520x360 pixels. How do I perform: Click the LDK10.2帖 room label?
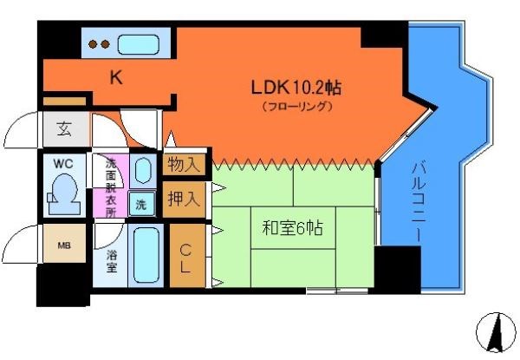(295, 88)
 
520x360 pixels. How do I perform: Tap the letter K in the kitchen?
(116, 78)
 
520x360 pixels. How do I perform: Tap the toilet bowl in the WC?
(63, 193)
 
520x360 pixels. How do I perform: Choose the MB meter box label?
(64, 246)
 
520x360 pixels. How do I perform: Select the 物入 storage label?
(184, 164)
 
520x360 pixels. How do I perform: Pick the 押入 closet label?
(184, 198)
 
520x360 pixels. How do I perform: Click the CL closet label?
(185, 258)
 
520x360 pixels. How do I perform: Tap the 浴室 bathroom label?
(112, 261)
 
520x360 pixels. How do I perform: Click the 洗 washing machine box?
(141, 205)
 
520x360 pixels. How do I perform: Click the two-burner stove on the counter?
(99, 43)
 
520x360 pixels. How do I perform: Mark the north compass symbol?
(497, 334)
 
